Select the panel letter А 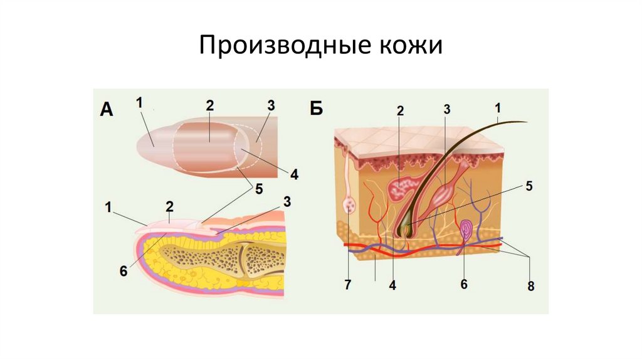pos(106,110)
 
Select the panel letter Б pos(316,109)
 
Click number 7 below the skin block pos(347,285)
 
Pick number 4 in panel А pos(294,174)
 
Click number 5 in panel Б pos(529,186)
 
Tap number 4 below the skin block pos(392,284)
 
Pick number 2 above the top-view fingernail pos(209,106)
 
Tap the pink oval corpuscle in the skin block pos(467,230)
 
